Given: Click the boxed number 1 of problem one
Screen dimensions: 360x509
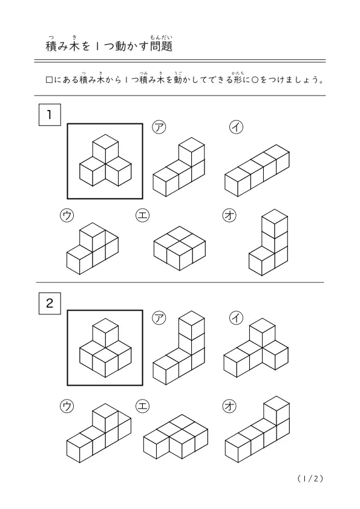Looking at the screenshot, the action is [x=50, y=115].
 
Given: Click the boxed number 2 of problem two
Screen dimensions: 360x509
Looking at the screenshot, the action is [x=50, y=303].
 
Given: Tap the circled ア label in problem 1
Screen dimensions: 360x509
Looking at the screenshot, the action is [x=159, y=127].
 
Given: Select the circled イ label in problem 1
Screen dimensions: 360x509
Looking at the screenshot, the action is [x=236, y=127].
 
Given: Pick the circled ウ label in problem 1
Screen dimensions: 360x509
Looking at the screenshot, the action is [x=67, y=216].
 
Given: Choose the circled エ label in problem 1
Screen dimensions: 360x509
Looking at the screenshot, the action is [x=142, y=216].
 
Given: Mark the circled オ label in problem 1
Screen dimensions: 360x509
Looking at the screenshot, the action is [x=229, y=216].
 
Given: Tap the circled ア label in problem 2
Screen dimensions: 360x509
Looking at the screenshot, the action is [x=159, y=317].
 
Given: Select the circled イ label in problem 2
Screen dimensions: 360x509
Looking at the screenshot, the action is [x=236, y=317].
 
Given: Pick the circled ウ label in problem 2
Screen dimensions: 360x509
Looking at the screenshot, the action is [x=67, y=406].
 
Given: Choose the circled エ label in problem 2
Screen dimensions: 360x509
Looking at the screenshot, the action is [x=142, y=406].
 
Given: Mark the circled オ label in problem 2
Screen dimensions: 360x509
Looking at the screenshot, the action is [x=229, y=406].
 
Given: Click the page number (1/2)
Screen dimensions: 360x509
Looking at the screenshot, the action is [x=310, y=479].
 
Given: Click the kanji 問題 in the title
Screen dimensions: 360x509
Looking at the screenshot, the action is [x=161, y=46].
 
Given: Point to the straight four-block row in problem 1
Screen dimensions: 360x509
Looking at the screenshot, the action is [x=257, y=170].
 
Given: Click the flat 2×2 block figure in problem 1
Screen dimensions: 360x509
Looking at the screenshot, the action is [x=180, y=248].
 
